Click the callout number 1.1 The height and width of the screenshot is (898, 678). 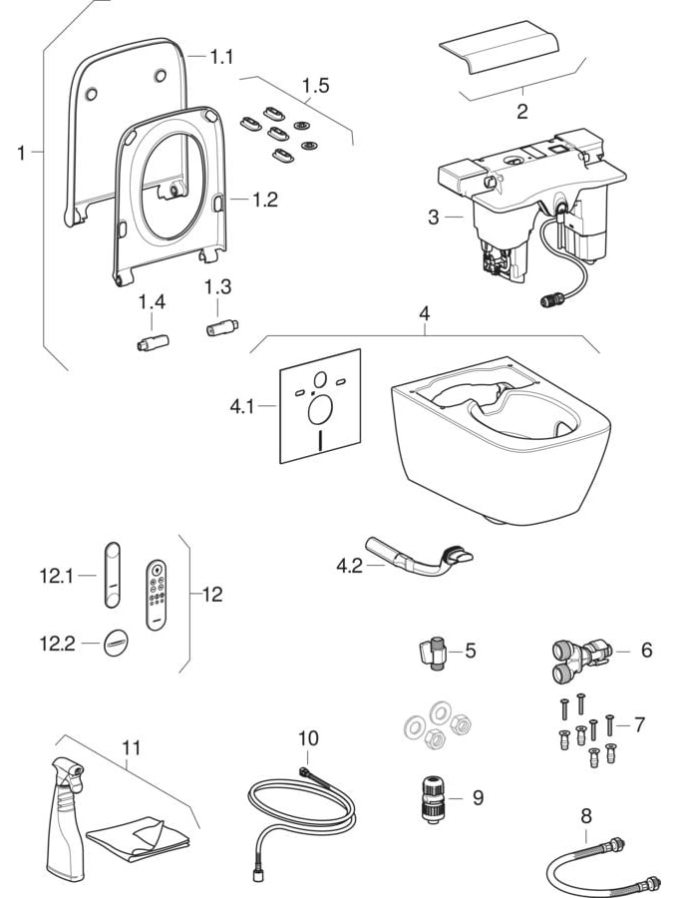point(221,58)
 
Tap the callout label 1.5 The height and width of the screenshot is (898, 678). point(315,86)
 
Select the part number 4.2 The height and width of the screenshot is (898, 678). point(349,567)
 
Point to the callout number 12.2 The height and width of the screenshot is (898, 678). point(56,644)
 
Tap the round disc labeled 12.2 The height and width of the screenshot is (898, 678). point(116,644)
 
